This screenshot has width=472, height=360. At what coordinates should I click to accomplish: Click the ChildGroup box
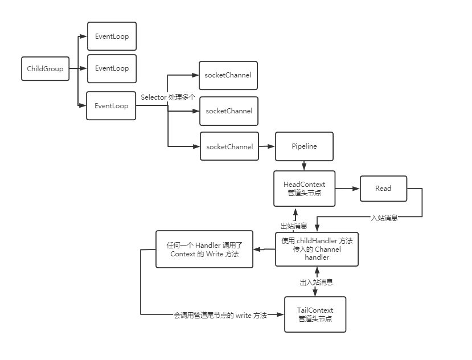point(45,69)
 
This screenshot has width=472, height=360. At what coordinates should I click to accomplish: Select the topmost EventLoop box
point(112,36)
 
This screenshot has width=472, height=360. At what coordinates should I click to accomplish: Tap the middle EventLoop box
point(112,68)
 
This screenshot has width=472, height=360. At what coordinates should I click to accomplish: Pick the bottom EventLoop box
point(111,105)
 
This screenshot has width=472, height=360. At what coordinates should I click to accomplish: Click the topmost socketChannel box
point(228,75)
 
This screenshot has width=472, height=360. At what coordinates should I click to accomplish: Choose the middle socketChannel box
point(229,111)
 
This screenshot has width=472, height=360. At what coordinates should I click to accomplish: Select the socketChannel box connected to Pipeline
point(229,146)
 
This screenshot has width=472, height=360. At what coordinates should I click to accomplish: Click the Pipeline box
point(304,146)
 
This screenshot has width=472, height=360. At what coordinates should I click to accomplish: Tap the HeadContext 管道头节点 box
point(304,189)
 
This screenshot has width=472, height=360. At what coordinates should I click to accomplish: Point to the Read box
point(383,189)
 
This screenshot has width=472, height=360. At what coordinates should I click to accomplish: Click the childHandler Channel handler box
point(317,249)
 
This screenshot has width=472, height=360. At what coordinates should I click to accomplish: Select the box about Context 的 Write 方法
point(204,249)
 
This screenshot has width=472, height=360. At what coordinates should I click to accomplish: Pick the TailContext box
point(315,314)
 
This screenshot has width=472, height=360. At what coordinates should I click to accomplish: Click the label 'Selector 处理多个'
point(168,97)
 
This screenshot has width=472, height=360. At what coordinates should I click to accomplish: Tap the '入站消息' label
point(384,218)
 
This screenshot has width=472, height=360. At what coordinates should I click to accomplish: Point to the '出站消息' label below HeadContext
point(294,226)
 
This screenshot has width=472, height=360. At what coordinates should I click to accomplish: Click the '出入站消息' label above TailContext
point(317,282)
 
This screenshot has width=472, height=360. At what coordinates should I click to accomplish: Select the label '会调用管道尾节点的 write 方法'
point(220,315)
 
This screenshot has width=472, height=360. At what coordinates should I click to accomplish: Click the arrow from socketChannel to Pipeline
point(267,146)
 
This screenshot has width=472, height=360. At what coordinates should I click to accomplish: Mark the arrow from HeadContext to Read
point(347,189)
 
